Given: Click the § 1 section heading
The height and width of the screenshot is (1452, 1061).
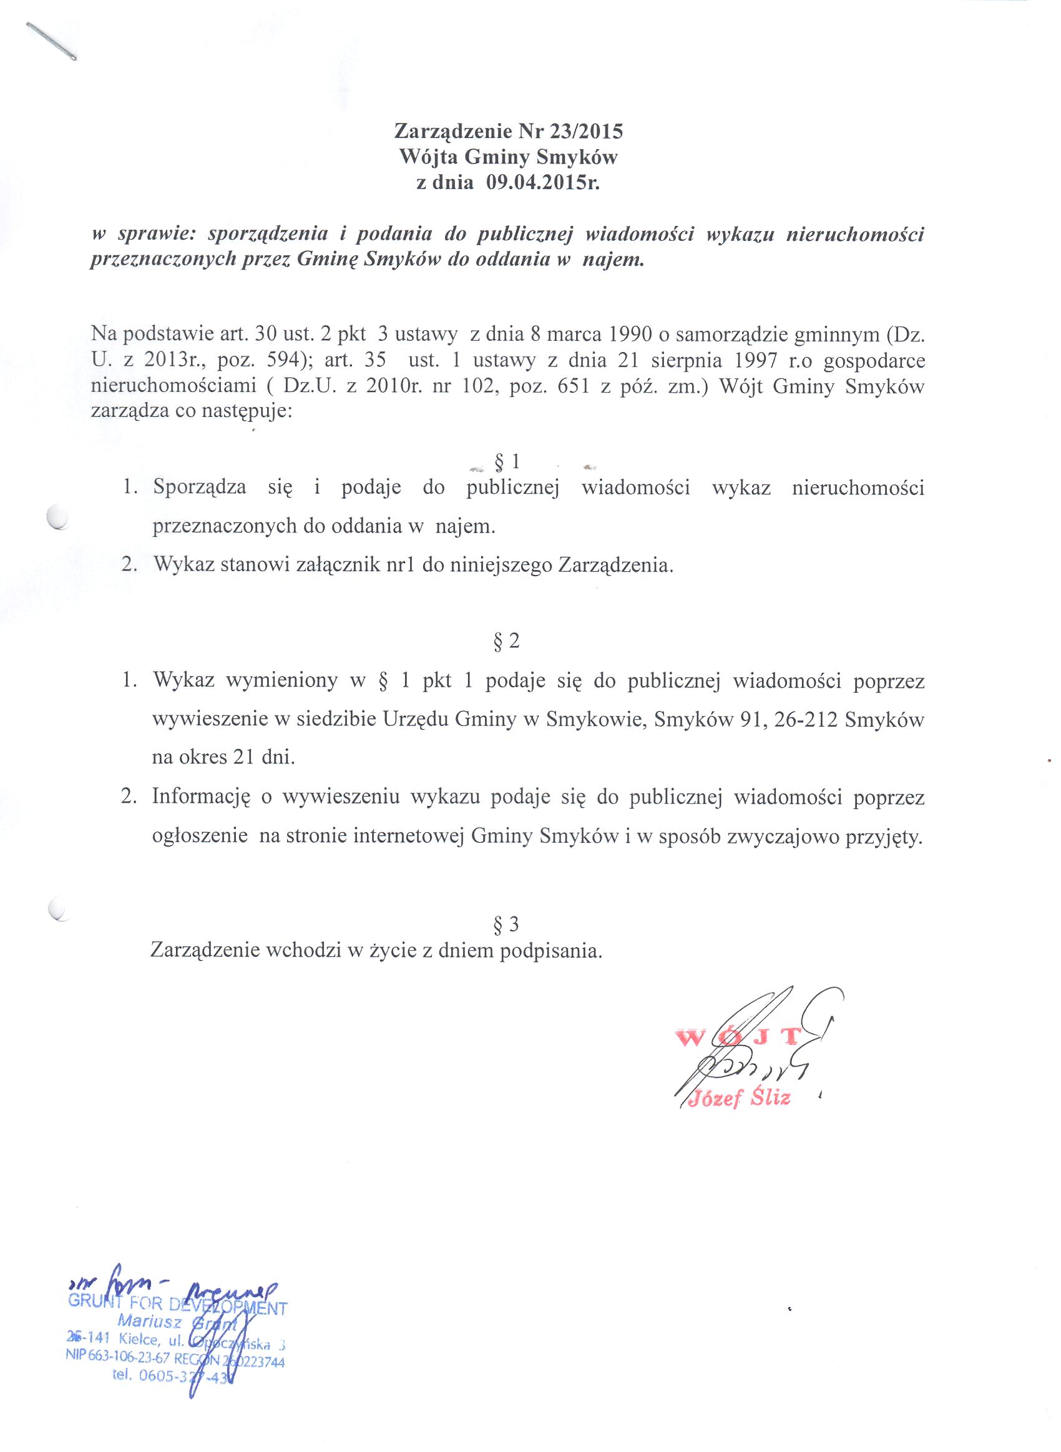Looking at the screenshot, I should [506, 462].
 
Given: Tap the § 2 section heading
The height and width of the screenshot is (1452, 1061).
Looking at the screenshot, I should [506, 642].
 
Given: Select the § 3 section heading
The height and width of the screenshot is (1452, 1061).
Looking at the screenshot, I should [506, 924].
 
